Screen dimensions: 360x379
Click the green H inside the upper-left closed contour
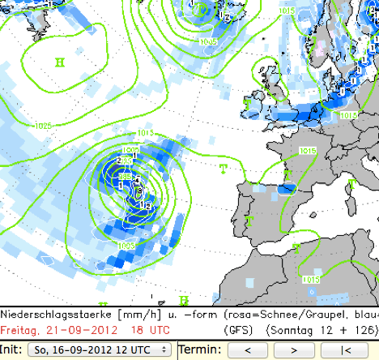pos(60,62)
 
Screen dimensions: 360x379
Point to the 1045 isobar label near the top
pos(207,41)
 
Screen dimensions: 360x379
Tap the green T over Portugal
pos(249,221)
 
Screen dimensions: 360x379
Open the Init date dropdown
pos(100,349)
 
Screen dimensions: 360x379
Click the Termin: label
pos(198,349)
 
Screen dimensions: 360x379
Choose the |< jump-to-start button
pos(346,349)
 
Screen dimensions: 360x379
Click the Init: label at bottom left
pos(12,349)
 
